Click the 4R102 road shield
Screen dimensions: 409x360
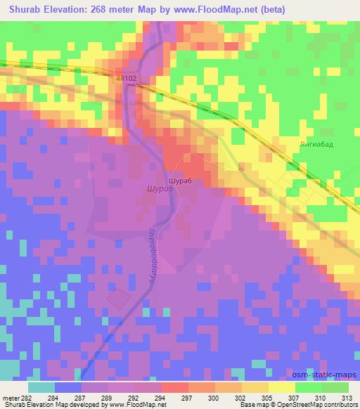(124, 80)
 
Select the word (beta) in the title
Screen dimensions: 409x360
(262, 9)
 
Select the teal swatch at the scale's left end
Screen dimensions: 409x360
(41, 387)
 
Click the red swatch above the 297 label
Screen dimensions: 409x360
(174, 387)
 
